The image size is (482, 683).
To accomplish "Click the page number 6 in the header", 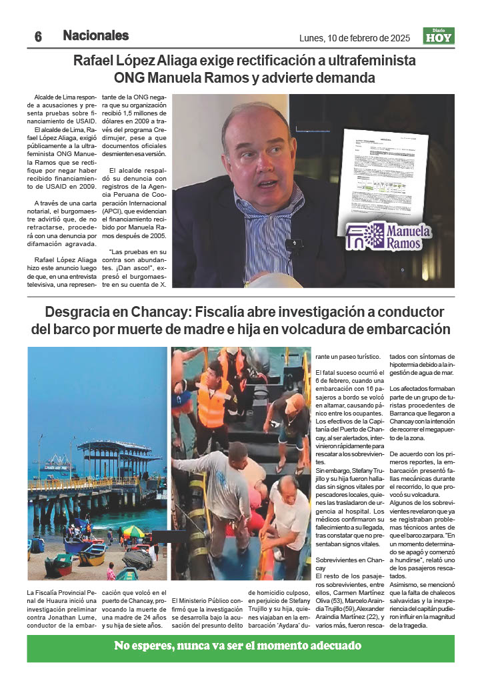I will [38, 37].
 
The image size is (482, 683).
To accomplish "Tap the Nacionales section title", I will [96, 36].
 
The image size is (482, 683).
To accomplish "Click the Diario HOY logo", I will [439, 36].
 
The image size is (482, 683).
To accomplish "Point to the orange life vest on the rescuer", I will [213, 400].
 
